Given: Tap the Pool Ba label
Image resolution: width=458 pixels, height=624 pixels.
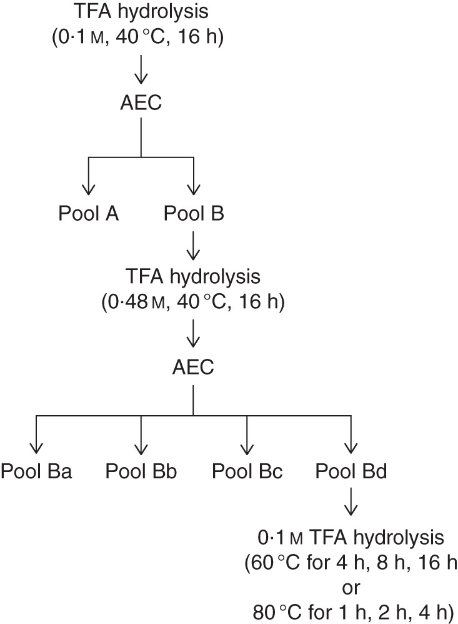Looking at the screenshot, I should pyautogui.click(x=36, y=471).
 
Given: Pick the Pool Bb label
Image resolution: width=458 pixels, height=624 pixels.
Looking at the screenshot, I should pyautogui.click(x=141, y=471).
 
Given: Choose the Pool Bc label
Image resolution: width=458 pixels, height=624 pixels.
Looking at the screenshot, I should pyautogui.click(x=247, y=471).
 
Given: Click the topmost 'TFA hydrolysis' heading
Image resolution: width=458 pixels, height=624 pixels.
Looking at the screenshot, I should pyautogui.click(x=141, y=11).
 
